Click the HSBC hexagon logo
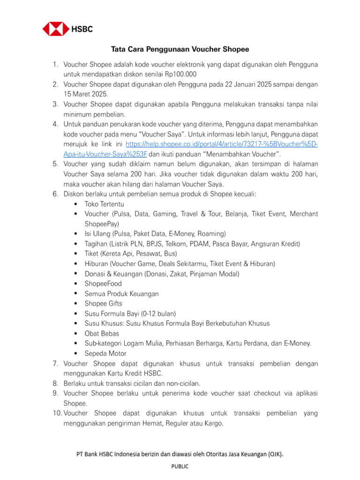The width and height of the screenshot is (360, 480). click(56, 29)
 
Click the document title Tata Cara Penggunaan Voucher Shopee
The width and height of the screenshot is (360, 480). click(180, 49)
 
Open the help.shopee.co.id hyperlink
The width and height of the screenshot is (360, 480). click(222, 144)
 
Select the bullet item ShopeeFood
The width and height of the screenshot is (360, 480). click(103, 284)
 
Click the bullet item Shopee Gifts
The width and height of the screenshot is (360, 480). click(103, 303)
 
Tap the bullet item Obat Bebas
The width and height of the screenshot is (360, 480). click(102, 333)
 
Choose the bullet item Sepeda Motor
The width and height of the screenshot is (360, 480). click(105, 353)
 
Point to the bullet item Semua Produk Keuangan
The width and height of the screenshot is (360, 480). click(121, 293)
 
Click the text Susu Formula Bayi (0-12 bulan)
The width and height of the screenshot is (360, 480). click(130, 313)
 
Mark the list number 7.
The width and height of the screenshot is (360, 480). click(55, 364)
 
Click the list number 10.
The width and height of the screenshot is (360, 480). click(57, 413)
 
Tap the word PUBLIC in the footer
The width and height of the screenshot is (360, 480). click(180, 466)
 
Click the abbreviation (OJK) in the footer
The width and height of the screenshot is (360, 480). click(274, 454)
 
